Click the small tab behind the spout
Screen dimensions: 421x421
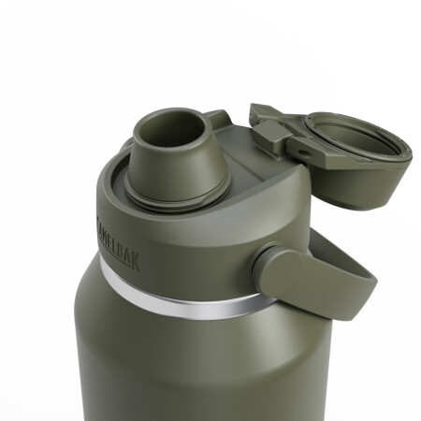pyautogui.click(x=218, y=119)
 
